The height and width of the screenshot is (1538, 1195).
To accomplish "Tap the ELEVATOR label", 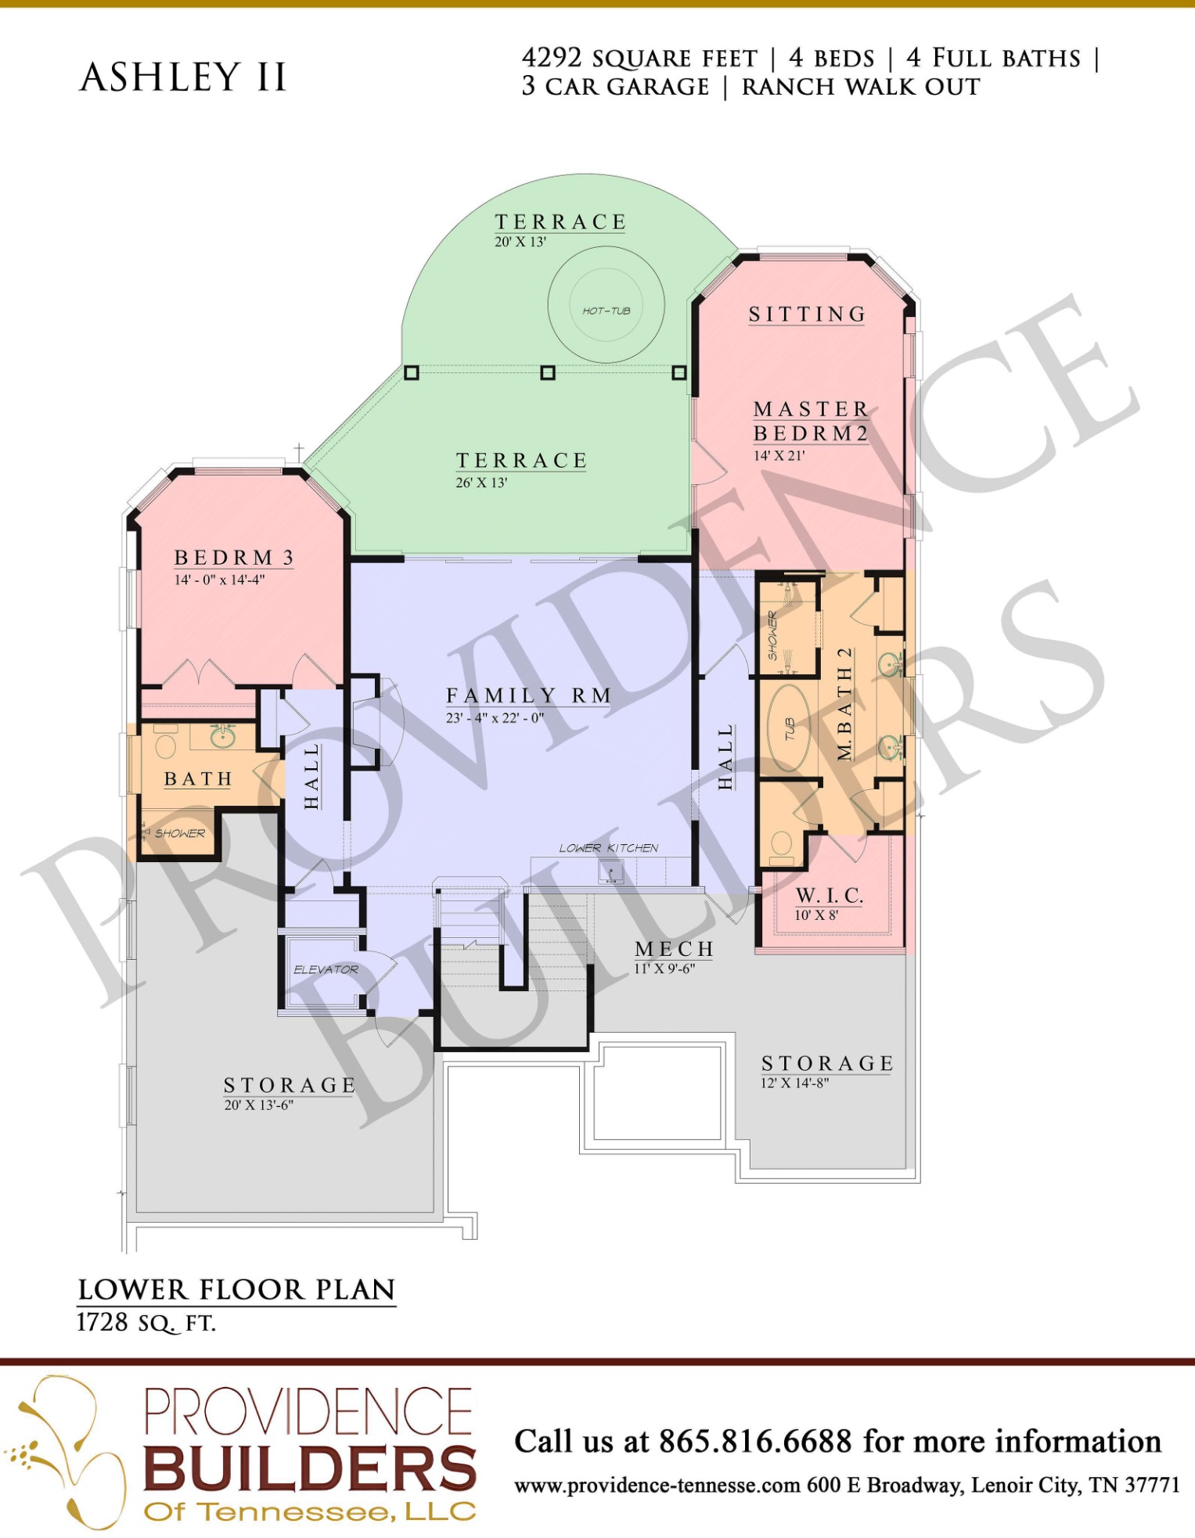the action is pos(326,969).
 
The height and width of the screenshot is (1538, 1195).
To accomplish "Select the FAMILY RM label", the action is pos(529,695).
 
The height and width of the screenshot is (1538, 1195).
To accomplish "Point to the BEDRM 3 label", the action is pos(234,557).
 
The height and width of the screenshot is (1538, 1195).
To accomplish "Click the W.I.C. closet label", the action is pos(830,896).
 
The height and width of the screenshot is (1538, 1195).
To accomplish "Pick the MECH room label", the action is pos(675,949).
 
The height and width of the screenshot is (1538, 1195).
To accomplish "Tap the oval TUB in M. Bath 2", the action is pos(789,729).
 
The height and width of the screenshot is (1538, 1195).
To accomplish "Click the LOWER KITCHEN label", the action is pos(608,848).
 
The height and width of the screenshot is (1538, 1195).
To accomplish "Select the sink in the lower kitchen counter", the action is pos(610,871).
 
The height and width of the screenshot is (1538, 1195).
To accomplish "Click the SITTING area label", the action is pos(807,314).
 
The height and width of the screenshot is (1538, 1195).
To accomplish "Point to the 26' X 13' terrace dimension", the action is pos(481,483).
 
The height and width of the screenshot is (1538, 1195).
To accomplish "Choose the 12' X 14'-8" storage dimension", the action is pos(794,1083).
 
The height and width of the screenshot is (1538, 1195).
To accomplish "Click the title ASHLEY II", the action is pos(183,77).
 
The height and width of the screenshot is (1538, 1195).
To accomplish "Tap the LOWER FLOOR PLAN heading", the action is pos(236,1289).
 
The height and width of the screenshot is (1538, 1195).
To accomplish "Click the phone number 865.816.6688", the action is pos(755,1441).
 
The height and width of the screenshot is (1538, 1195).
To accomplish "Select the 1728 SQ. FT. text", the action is pos(146,1323).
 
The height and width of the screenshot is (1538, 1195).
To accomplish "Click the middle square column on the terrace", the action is pos(548,372).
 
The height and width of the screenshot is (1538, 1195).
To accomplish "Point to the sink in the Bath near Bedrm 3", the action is pos(223,736).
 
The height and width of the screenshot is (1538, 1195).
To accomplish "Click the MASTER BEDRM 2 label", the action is pos(811,421).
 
